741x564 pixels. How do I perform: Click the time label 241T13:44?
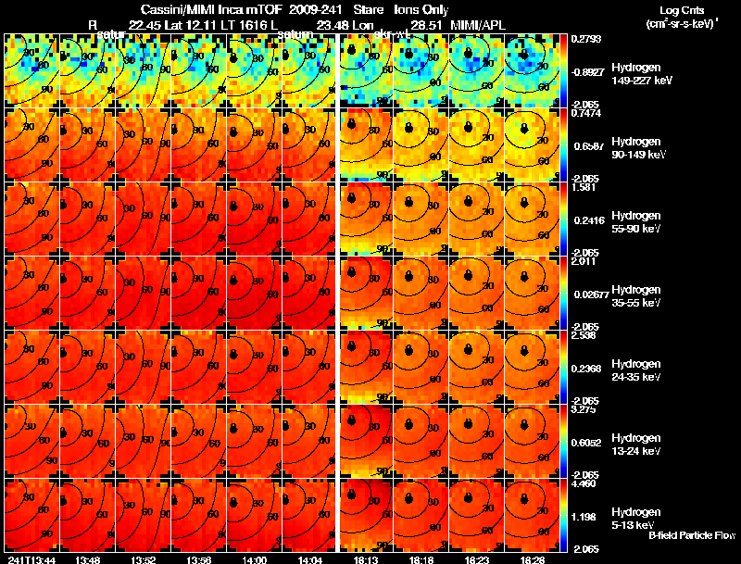pyautogui.click(x=31, y=559)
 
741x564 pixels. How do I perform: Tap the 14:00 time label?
pyautogui.click(x=254, y=559)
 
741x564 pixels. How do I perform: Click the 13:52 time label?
pyautogui.click(x=143, y=559)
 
